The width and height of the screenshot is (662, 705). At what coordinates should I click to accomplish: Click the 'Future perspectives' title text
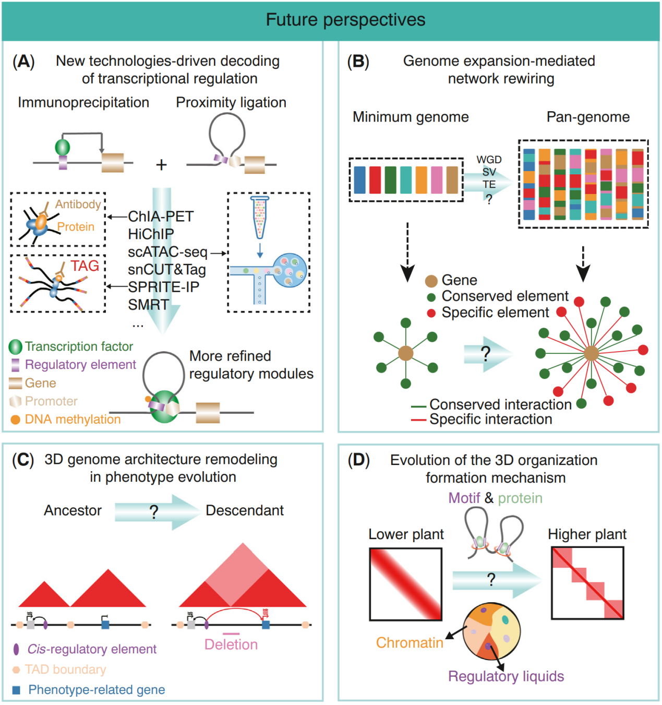pyautogui.click(x=345, y=20)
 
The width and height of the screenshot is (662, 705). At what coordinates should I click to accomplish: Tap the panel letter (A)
pyautogui.click(x=23, y=62)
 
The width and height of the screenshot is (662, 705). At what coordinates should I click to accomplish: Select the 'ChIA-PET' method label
pyautogui.click(x=161, y=216)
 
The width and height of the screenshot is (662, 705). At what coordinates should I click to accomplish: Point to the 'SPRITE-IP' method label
pyautogui.click(x=163, y=287)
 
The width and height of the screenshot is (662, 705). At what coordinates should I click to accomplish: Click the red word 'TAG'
pyautogui.click(x=85, y=266)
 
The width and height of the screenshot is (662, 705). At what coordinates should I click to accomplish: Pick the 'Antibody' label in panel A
pyautogui.click(x=78, y=204)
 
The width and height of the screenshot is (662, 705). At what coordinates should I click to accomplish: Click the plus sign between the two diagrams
pyautogui.click(x=161, y=165)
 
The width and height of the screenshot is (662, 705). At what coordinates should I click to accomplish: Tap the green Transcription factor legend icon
pyautogui.click(x=16, y=346)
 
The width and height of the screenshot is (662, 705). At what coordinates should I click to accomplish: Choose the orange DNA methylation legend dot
pyautogui.click(x=16, y=420)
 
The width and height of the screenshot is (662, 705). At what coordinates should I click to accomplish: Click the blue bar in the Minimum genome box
pyautogui.click(x=359, y=180)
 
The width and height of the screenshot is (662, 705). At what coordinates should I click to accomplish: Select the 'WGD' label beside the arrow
pyautogui.click(x=489, y=160)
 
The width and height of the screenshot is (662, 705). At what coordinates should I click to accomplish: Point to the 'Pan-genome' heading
pyautogui.click(x=588, y=117)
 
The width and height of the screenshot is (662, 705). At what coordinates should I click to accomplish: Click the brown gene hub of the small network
pyautogui.click(x=406, y=353)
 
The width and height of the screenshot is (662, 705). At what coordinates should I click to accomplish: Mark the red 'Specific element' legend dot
pyautogui.click(x=431, y=313)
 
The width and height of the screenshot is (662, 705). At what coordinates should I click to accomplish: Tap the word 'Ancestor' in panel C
pyautogui.click(x=73, y=510)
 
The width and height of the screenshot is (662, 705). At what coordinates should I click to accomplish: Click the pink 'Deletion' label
pyautogui.click(x=231, y=644)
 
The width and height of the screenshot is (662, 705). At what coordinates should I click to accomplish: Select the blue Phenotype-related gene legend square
pyautogui.click(x=16, y=690)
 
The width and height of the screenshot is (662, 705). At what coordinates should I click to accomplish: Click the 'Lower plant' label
pyautogui.click(x=406, y=534)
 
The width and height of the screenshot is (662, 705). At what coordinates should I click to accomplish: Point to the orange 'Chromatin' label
pyautogui.click(x=410, y=643)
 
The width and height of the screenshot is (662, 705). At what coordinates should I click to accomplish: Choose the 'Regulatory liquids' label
pyautogui.click(x=506, y=676)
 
